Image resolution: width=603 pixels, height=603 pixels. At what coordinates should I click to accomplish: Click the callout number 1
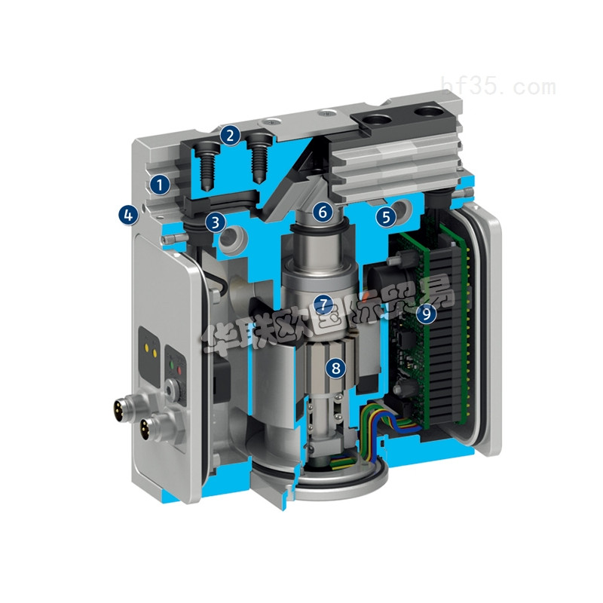pos(159,182)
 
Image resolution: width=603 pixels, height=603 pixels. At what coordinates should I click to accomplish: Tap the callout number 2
pos(231,136)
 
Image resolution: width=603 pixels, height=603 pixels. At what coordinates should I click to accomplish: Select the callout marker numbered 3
pos(216,222)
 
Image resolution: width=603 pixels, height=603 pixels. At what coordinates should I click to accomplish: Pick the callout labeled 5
pos(385,217)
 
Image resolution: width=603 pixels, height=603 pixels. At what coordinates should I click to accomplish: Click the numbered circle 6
pos(323,212)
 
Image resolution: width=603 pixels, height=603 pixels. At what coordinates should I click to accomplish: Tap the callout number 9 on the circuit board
pos(427,313)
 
